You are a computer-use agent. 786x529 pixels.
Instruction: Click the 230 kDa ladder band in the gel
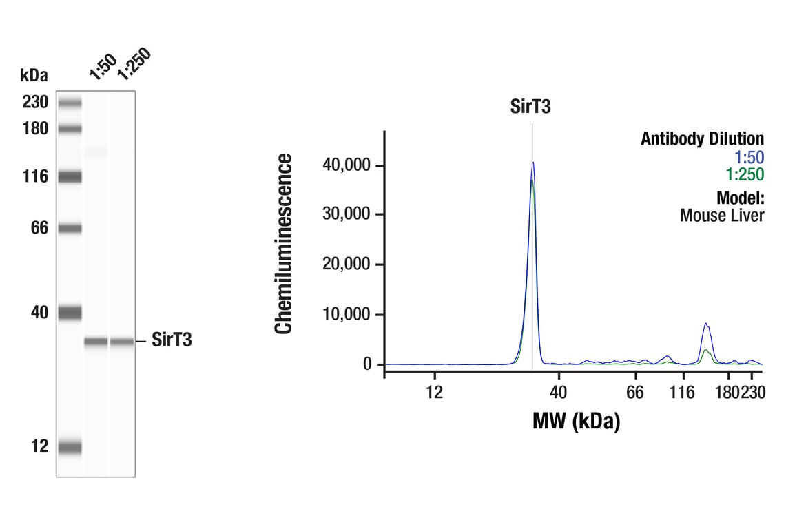point(70,103)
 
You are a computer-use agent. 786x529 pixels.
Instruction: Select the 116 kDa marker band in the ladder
point(70,177)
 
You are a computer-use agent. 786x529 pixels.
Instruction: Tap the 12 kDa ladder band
point(70,447)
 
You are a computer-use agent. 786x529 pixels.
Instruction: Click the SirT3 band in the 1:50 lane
point(96,342)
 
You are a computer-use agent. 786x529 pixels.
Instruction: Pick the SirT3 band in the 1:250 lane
point(122,342)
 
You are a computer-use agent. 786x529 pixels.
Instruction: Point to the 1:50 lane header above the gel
point(101,68)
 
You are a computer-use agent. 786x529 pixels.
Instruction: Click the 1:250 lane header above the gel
point(132,65)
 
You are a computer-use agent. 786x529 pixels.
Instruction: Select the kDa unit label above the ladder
point(34,74)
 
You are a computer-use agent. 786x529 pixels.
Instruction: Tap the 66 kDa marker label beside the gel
point(39,228)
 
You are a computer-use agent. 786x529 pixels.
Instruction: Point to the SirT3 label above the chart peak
point(530,107)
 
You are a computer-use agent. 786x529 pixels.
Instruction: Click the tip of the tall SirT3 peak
point(532,163)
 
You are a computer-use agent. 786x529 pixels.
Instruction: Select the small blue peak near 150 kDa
point(705,324)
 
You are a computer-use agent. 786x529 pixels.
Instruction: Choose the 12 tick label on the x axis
point(434,393)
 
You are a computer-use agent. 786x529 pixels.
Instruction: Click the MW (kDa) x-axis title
point(576,420)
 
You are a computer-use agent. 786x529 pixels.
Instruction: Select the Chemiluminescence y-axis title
point(284,245)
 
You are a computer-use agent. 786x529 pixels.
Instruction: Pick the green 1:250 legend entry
point(745,174)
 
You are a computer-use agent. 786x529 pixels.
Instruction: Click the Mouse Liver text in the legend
point(722,216)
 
